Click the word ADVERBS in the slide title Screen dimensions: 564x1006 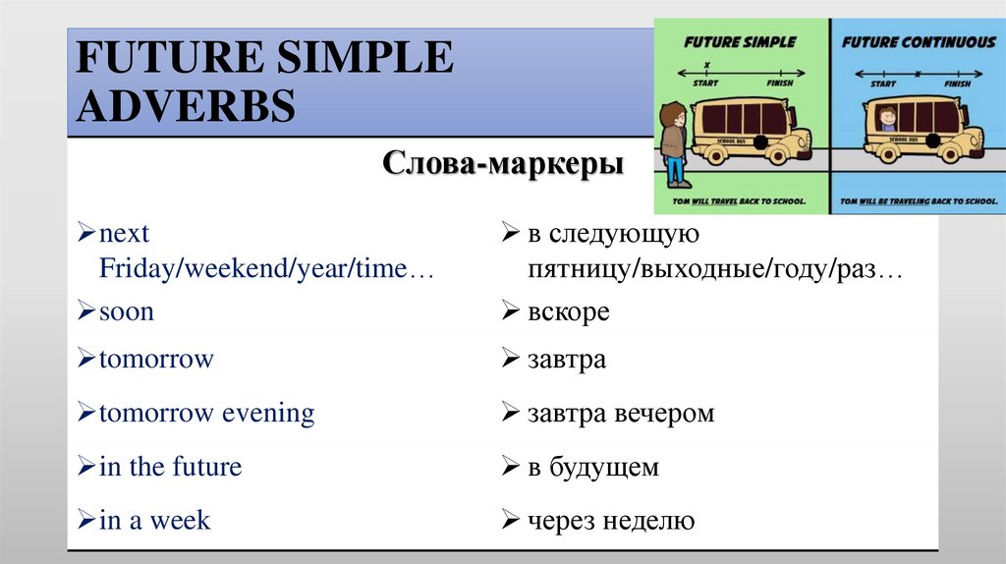(x=187, y=105)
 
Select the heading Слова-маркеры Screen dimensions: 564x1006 (x=502, y=163)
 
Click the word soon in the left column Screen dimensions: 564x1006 (x=127, y=312)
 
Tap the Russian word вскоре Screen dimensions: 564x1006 (x=568, y=312)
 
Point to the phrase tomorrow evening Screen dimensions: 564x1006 (x=206, y=413)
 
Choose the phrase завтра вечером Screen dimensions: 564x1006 (x=620, y=414)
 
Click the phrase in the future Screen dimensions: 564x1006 (x=170, y=467)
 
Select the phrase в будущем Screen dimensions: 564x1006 (x=592, y=468)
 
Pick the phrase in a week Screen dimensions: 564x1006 (x=154, y=520)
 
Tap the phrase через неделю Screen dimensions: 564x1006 (x=610, y=521)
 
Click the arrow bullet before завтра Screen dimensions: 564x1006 (x=509, y=361)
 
